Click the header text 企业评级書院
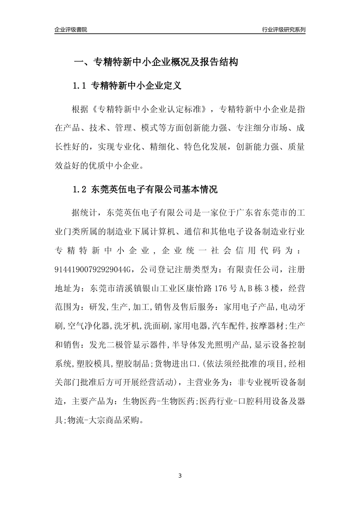(x=70, y=30)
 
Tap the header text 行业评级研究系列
(x=283, y=30)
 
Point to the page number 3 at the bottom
(x=180, y=476)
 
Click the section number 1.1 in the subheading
(x=80, y=86)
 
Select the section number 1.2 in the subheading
(x=80, y=190)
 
